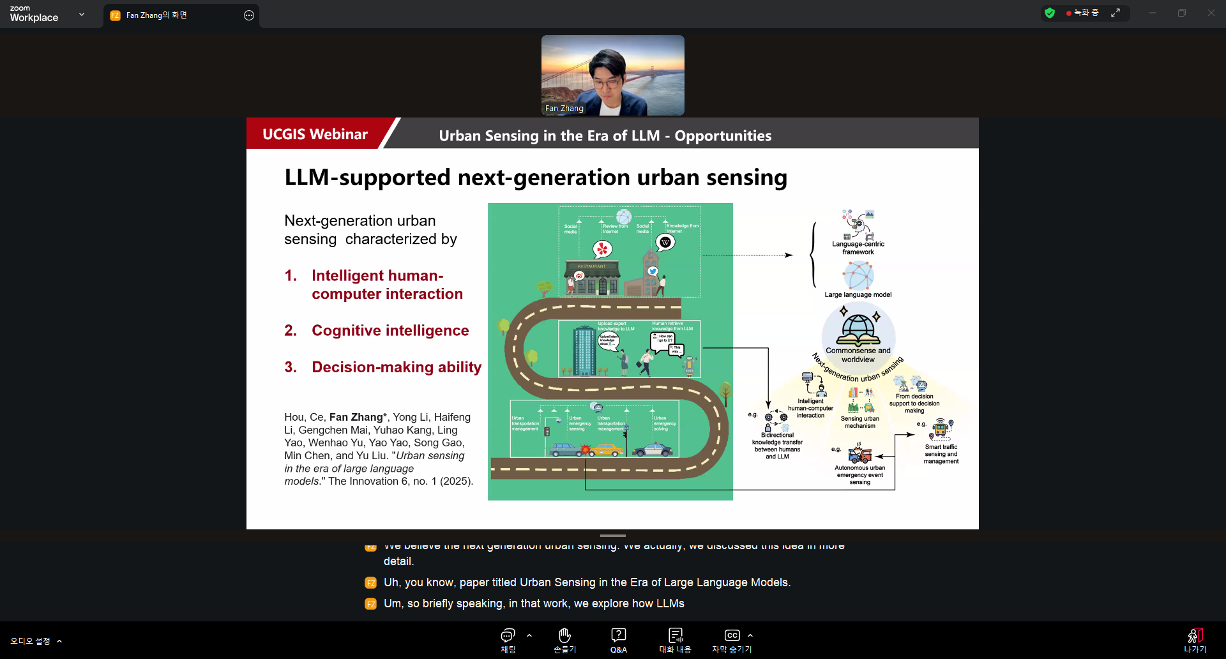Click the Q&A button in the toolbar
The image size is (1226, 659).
(x=618, y=640)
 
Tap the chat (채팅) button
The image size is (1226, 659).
(x=508, y=640)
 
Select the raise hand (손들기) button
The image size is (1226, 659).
(x=564, y=640)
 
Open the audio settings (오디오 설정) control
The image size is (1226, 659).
(x=31, y=641)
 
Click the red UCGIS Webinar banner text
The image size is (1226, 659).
(x=315, y=134)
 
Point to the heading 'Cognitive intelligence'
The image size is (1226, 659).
(x=390, y=331)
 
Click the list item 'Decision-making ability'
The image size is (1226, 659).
(x=397, y=367)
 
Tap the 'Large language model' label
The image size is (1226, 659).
(x=858, y=295)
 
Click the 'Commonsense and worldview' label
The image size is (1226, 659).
(x=858, y=355)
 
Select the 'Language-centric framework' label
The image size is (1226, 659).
(x=858, y=248)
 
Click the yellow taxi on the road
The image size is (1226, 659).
(x=605, y=450)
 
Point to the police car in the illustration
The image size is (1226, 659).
(x=652, y=450)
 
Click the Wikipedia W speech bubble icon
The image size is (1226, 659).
(x=665, y=242)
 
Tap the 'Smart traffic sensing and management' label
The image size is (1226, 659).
(x=941, y=454)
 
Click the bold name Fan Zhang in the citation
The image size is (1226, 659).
(x=356, y=417)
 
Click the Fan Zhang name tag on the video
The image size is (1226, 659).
(x=564, y=109)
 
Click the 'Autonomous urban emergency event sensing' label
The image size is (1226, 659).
(x=859, y=475)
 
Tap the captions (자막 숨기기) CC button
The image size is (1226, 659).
(x=732, y=640)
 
